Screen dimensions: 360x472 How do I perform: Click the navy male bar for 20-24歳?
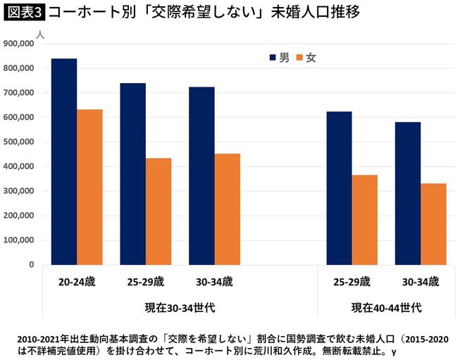click(x=64, y=162)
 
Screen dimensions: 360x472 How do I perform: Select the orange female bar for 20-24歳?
click(x=89, y=187)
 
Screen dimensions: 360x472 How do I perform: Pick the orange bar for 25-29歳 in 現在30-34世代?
click(x=159, y=211)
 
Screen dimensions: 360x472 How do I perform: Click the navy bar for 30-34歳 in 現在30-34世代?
click(x=202, y=176)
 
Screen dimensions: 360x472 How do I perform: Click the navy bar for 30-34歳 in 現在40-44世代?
click(x=408, y=194)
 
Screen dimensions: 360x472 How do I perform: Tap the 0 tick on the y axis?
click(x=32, y=265)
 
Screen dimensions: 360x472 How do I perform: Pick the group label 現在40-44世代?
click(x=387, y=307)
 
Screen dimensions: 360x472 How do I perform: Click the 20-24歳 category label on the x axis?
click(x=77, y=282)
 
